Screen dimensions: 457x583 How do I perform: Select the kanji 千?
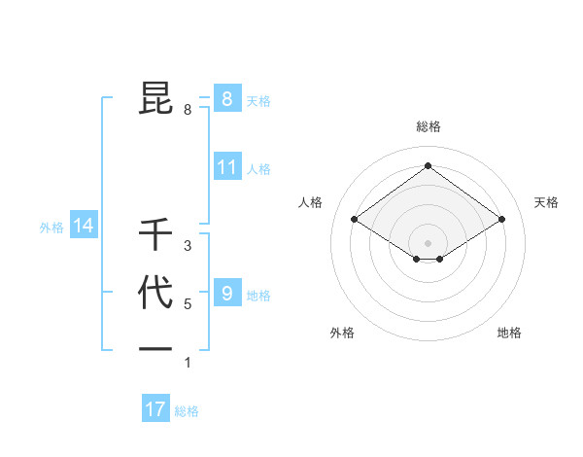(155, 234)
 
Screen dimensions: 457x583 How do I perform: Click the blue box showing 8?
(226, 98)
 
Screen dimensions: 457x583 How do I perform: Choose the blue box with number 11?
(226, 167)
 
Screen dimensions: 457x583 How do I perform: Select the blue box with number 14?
(84, 227)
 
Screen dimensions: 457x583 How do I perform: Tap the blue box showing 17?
(155, 409)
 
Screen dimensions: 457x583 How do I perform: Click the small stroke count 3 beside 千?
(188, 246)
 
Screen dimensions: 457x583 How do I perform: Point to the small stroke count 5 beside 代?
(188, 304)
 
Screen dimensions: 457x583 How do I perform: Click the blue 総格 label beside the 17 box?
(187, 411)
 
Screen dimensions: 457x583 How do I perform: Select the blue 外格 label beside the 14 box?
(51, 228)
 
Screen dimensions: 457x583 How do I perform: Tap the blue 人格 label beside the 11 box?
(258, 169)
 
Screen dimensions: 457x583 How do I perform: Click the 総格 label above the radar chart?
(428, 126)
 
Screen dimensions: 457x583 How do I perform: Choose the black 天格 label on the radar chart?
(546, 202)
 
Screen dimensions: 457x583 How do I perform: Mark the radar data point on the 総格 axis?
(428, 165)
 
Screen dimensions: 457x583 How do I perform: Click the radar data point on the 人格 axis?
(355, 220)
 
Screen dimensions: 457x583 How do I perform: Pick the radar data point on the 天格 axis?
(501, 220)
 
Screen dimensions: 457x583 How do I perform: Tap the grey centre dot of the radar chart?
(428, 242)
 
